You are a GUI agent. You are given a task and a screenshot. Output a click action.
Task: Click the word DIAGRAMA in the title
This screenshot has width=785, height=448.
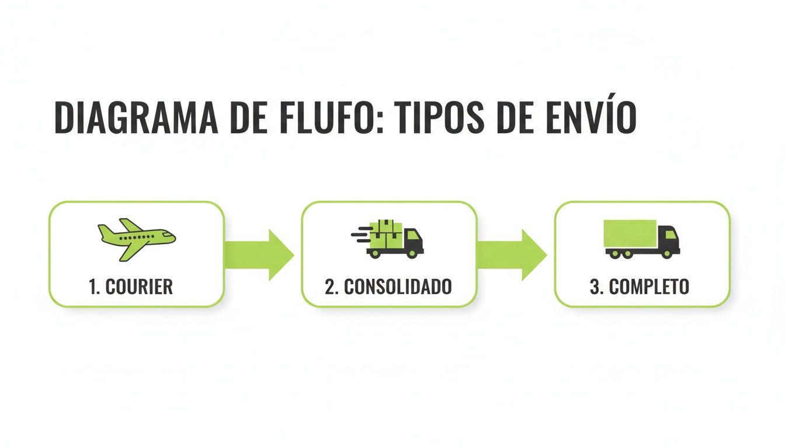pos(136,118)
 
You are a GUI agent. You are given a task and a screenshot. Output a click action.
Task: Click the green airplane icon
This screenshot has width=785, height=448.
pos(136,238)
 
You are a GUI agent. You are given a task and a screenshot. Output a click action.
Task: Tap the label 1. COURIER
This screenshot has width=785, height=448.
pos(131,286)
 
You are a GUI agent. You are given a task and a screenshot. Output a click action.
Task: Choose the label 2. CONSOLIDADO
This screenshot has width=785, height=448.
pos(388,286)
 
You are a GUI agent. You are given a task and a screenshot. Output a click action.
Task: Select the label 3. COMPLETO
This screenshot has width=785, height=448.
pos(640,286)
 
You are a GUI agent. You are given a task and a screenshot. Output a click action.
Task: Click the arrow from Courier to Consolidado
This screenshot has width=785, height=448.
pos(259,254)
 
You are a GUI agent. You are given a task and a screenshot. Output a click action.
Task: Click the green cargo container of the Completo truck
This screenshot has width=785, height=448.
pos(630,233)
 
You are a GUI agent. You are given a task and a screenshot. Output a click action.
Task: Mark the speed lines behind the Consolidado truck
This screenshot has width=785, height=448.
pos(360,233)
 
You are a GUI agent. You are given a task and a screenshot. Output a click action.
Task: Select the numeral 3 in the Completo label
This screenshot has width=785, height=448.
pos(595,286)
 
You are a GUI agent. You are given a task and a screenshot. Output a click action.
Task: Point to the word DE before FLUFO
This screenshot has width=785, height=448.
pos(248,118)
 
